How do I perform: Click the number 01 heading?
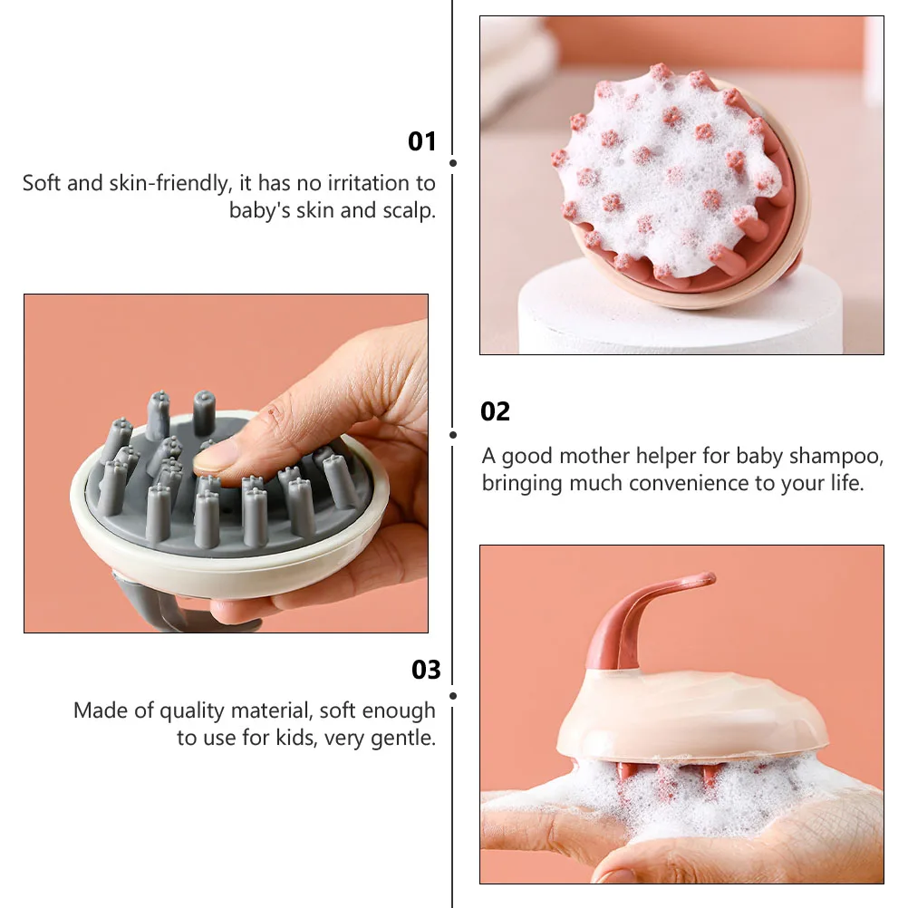point(422,141)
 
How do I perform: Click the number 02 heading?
point(495,411)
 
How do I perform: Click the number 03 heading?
point(426,670)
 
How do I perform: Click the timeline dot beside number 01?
point(453,163)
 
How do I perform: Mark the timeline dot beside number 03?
point(453,696)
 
